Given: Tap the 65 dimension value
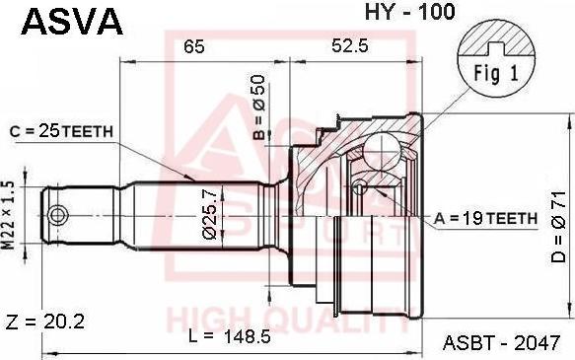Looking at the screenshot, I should pos(194,46).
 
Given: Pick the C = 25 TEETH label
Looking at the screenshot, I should pos(62,130).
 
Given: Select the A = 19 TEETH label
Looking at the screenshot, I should pos(484,217).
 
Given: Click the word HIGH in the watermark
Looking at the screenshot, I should pos(200,320).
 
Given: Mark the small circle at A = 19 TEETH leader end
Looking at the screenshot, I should pos(360,187).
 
